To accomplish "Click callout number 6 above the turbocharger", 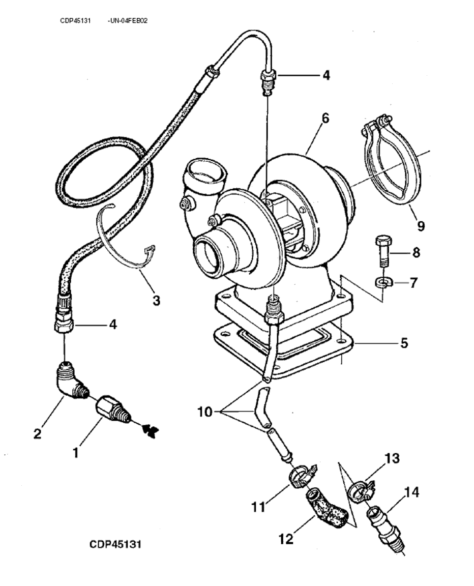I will click(x=325, y=119).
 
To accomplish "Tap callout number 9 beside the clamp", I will click(x=420, y=225).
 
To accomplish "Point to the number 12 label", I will click(x=286, y=538).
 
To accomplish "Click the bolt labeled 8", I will click(x=382, y=251).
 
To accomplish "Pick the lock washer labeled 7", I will click(x=381, y=282).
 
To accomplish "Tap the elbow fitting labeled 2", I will click(x=70, y=384).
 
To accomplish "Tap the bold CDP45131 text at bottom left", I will click(x=115, y=544).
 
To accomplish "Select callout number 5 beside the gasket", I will click(x=404, y=343).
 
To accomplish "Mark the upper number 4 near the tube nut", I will click(x=325, y=75).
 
